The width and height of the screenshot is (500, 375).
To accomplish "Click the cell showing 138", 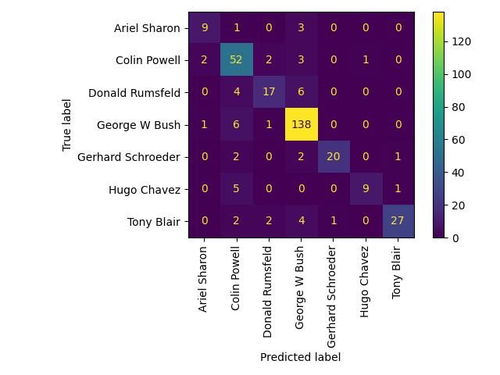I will coord(301,125).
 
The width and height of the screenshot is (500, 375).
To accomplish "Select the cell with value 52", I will coord(237,61).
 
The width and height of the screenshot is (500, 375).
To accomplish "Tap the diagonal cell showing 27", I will coord(398,221).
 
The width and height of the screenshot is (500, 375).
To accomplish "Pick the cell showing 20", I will coord(333,157).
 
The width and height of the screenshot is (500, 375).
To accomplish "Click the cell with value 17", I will coord(269,93).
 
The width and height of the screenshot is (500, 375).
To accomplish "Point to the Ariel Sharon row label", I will coord(147,29).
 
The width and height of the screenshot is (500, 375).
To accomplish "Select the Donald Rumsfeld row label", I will coord(134,93).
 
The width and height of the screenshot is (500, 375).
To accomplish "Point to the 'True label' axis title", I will coord(67,125).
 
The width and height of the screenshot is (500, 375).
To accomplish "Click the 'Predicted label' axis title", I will coord(301,357).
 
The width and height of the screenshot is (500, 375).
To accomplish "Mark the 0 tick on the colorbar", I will coord(455,237).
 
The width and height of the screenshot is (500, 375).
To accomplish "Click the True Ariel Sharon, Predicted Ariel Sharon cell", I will coord(205,29).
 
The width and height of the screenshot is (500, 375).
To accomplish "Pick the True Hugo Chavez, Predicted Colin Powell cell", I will coord(237,189).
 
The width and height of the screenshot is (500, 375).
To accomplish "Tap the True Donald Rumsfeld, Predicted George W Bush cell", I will coord(301,93).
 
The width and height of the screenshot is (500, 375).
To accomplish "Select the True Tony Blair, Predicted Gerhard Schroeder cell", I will coord(333,221).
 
